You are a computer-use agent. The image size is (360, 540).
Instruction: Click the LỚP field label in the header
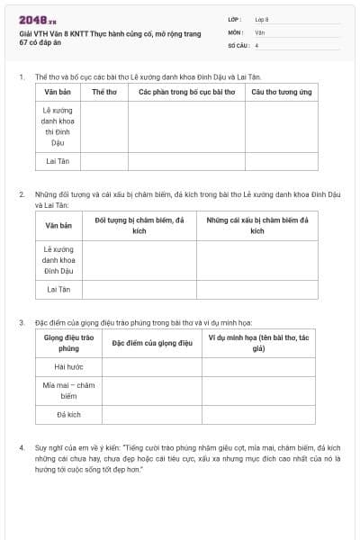pos(235,19)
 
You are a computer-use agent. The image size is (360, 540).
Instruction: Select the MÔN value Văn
pos(259,31)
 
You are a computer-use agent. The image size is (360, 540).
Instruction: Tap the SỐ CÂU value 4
pos(256,44)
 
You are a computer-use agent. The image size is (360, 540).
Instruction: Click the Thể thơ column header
pos(104,92)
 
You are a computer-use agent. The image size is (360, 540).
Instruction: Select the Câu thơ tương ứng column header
pos(281,92)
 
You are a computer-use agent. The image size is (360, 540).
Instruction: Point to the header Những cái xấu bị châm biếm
pos(257,225)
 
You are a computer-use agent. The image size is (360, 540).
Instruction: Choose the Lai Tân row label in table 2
pos(58,289)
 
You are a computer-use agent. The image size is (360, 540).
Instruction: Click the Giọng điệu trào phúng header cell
pos(68,343)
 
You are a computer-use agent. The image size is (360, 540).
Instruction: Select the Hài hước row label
pos(68,367)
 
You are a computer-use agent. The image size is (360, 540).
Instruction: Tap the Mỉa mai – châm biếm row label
pos(68,390)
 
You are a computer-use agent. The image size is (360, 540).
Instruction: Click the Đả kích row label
pos(68,414)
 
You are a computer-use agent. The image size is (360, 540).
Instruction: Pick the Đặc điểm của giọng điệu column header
pos(152,343)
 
